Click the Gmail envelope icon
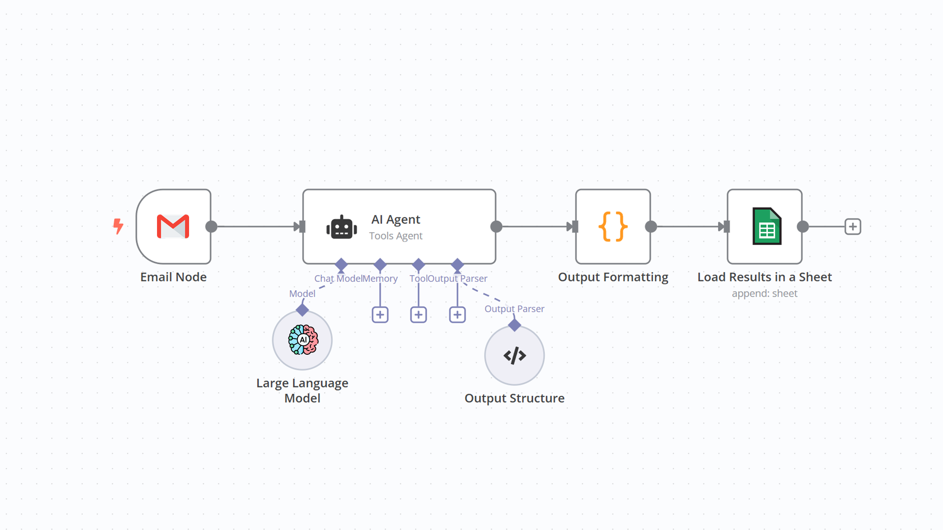173,227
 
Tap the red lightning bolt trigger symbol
118,226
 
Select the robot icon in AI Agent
341,228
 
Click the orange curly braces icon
613,227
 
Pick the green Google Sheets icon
767,227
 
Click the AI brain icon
303,340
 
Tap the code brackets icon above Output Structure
514,356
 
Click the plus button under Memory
380,315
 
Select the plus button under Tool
418,315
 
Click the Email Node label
173,277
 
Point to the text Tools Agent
396,236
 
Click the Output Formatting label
613,277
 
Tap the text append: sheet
764,294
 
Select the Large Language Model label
302,391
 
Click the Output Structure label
514,398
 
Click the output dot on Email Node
211,227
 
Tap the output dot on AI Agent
496,227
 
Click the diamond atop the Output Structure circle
514,325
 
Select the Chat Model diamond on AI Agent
341,264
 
